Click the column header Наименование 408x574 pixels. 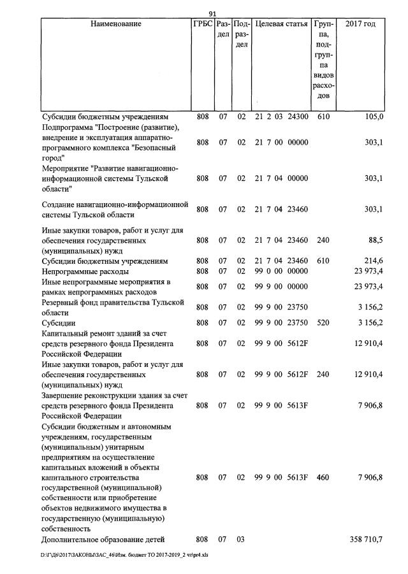116,24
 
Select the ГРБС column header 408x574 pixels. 202,24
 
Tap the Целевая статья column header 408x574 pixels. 281,24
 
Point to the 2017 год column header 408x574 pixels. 360,24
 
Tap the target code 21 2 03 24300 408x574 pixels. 281,117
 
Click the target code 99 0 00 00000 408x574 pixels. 281,271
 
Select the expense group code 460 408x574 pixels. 323,477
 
